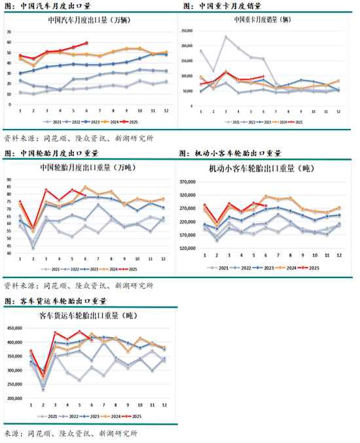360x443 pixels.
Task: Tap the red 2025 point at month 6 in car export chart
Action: (86, 43)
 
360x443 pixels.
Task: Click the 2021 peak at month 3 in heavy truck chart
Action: (226, 37)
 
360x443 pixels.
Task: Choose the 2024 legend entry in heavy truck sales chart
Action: (279, 121)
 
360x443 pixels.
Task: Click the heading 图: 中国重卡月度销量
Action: (218, 6)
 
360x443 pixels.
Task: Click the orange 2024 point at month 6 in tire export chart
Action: (84, 187)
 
